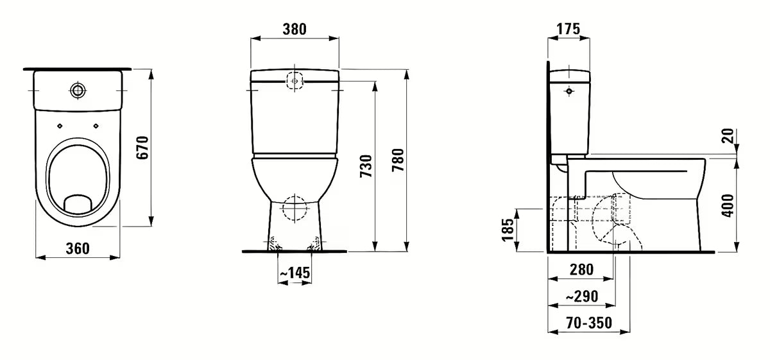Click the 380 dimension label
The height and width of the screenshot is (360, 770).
[x=295, y=30]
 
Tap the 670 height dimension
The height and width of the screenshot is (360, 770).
[x=142, y=148]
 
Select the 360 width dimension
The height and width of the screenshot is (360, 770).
[x=78, y=248]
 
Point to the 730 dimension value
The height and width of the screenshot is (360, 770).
[x=366, y=166]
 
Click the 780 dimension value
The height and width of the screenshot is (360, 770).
[x=398, y=160]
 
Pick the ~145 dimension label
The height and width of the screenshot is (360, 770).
[x=295, y=273]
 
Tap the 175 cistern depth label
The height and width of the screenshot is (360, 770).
[x=569, y=29]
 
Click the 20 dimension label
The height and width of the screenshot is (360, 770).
[x=728, y=136]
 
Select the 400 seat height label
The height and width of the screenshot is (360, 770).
[x=728, y=205]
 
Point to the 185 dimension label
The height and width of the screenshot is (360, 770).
[x=508, y=230]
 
